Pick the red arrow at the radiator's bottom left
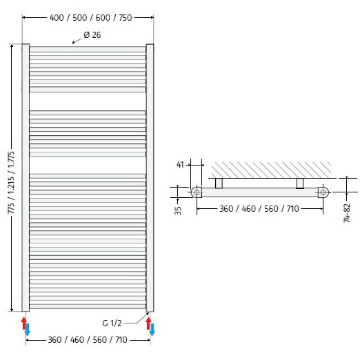click(x=23, y=323)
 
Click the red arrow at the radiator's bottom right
click(x=148, y=323)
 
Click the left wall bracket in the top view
click(x=219, y=182)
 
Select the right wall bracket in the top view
click(x=300, y=182)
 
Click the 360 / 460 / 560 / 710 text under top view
click(x=259, y=208)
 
